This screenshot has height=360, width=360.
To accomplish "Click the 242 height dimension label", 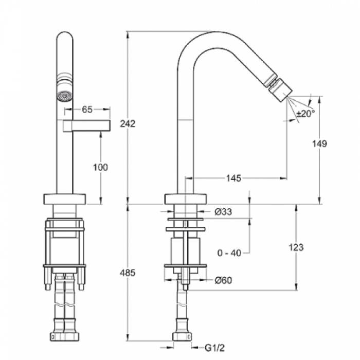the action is (128, 124).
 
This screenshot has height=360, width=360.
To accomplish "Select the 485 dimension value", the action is (128, 273).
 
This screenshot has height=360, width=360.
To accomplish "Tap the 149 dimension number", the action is (319, 144).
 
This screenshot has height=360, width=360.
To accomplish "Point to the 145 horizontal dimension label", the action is (233, 178).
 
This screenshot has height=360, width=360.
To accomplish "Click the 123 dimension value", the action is (296, 247).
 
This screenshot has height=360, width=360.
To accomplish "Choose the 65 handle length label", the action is (87, 110).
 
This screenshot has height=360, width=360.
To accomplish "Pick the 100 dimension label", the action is (100, 167).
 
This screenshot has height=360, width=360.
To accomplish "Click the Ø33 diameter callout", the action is (223, 212).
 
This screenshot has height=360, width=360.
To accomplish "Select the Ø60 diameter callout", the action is (223, 280).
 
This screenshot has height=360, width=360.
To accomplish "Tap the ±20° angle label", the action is (305, 113).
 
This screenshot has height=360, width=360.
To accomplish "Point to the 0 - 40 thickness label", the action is (229, 253).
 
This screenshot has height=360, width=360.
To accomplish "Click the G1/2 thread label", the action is (214, 348).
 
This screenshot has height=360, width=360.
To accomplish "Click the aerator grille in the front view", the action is (64, 96).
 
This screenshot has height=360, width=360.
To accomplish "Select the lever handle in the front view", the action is (86, 126).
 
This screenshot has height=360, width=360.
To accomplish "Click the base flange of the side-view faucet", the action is (186, 199).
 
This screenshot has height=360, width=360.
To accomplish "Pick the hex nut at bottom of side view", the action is (182, 336).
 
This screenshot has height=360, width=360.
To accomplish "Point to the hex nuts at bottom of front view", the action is (64, 336).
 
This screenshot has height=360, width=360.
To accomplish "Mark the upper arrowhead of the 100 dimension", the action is (100, 135).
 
